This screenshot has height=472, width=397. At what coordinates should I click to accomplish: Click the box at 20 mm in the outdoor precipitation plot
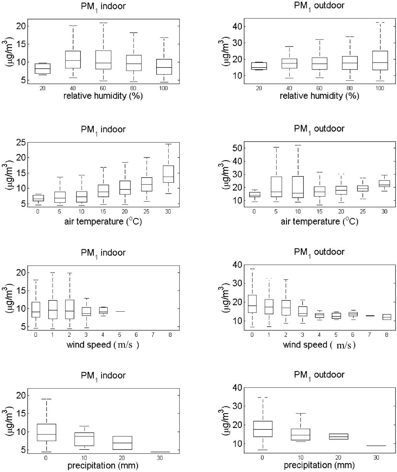[341, 436]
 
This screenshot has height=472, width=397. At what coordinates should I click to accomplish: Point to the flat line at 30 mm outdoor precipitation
[376, 446]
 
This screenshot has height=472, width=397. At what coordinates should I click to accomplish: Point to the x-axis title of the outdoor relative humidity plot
[319, 96]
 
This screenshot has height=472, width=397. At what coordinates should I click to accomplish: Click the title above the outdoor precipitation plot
[319, 375]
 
